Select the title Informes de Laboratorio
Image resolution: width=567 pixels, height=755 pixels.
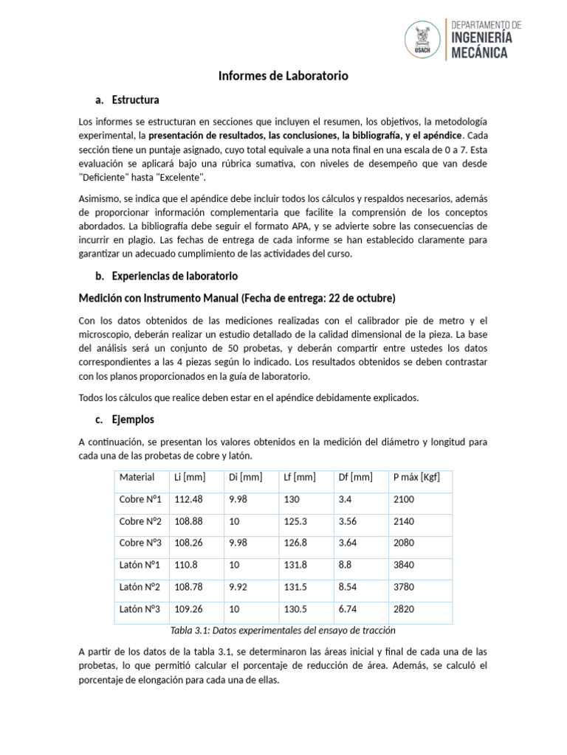tap(283, 76)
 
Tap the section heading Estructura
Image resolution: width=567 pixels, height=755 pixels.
tap(135, 100)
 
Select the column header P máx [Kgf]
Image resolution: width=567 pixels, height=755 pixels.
tap(417, 477)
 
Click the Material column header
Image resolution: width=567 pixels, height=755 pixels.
tap(137, 477)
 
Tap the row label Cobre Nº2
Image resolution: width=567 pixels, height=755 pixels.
tap(140, 521)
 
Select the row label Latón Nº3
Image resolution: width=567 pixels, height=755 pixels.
tap(140, 610)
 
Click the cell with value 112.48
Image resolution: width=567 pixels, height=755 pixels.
tap(188, 499)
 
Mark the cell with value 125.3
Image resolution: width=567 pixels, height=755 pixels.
tap(295, 521)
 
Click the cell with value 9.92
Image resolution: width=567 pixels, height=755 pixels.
tap(240, 588)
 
